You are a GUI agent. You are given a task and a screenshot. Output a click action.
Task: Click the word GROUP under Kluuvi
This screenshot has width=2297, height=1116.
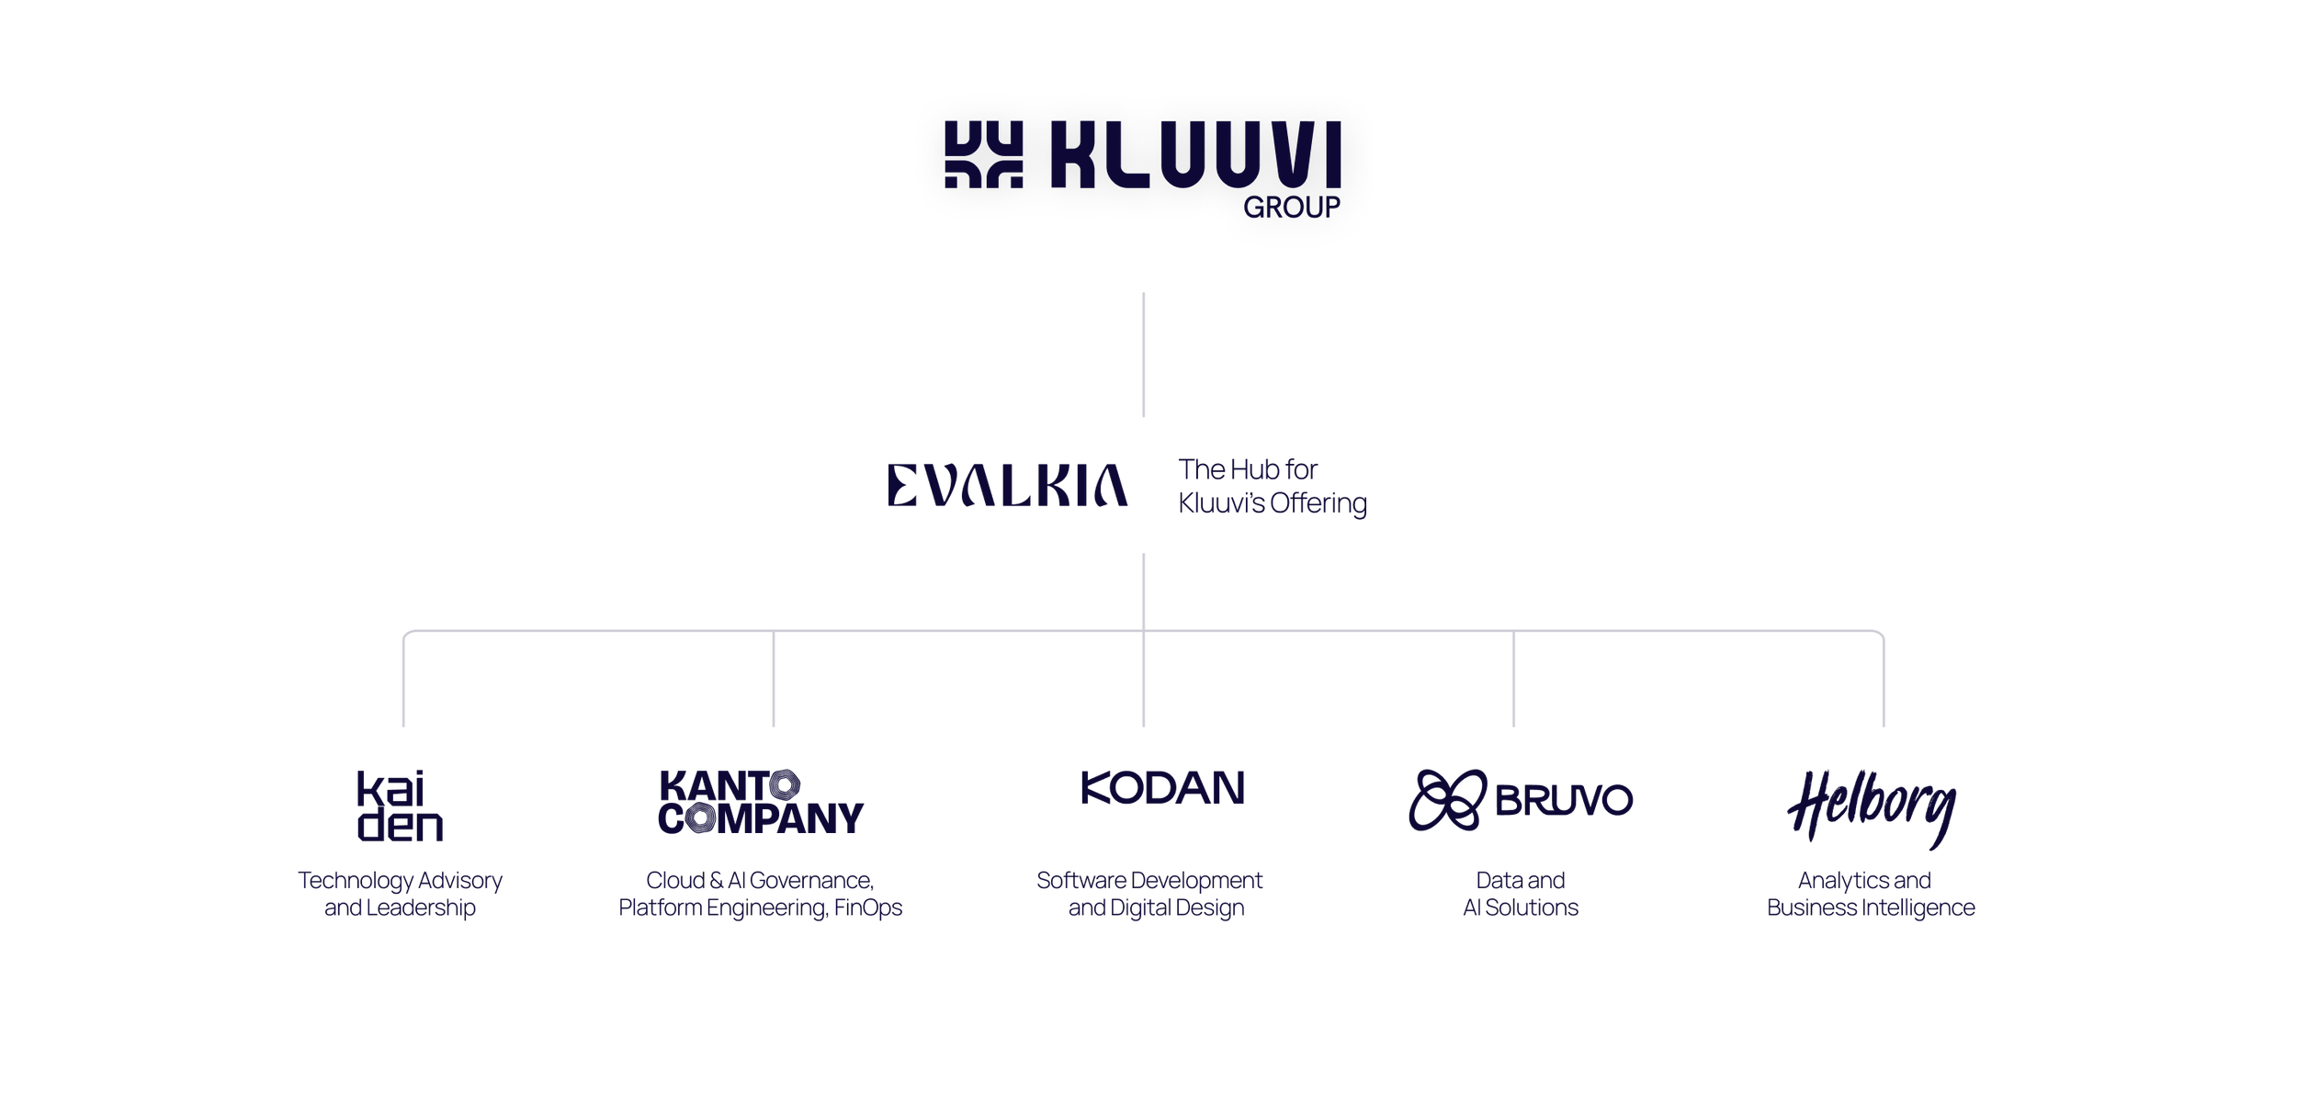1291,208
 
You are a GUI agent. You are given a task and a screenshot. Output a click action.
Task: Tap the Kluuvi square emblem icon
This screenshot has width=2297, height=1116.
983,154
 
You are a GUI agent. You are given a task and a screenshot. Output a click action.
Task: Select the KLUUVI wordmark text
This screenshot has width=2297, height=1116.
1195,154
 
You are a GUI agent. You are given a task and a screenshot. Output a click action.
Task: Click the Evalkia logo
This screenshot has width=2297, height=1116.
1007,485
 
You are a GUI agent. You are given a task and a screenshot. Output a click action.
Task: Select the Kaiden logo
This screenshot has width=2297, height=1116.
400,806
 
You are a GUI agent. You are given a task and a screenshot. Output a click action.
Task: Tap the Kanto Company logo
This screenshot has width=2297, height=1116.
761,802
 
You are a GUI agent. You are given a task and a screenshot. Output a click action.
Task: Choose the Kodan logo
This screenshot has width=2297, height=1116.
1162,788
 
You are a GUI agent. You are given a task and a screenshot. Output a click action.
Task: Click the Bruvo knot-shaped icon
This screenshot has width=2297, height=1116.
1448,800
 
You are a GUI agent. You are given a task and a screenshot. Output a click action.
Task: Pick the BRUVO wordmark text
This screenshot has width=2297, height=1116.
1564,800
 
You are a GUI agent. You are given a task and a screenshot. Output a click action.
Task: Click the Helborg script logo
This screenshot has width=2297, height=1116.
1872,808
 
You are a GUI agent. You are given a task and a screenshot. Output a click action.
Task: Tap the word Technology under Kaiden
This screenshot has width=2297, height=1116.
356,881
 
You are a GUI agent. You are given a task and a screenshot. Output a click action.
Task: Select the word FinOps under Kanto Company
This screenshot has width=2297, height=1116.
868,908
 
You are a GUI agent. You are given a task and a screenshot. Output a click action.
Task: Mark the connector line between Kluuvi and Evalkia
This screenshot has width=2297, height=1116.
1143,355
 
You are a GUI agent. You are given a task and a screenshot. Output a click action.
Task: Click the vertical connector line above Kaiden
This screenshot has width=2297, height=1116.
403,680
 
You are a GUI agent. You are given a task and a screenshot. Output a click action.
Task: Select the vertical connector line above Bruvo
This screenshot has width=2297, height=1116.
1513,679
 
